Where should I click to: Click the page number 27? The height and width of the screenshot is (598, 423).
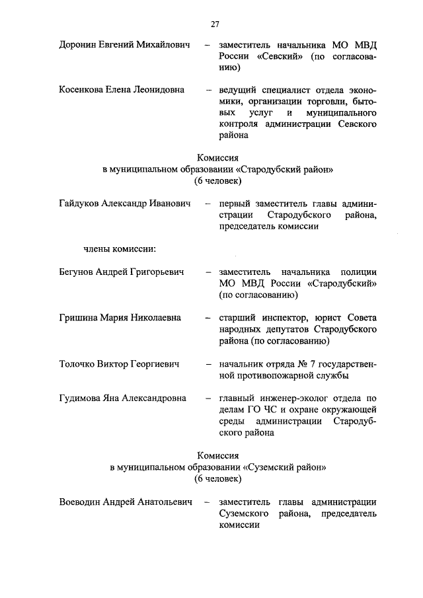click(215, 24)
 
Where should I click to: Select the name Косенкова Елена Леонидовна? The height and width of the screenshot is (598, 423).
click(121, 89)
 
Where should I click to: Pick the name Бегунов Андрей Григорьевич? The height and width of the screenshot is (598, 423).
click(121, 272)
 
